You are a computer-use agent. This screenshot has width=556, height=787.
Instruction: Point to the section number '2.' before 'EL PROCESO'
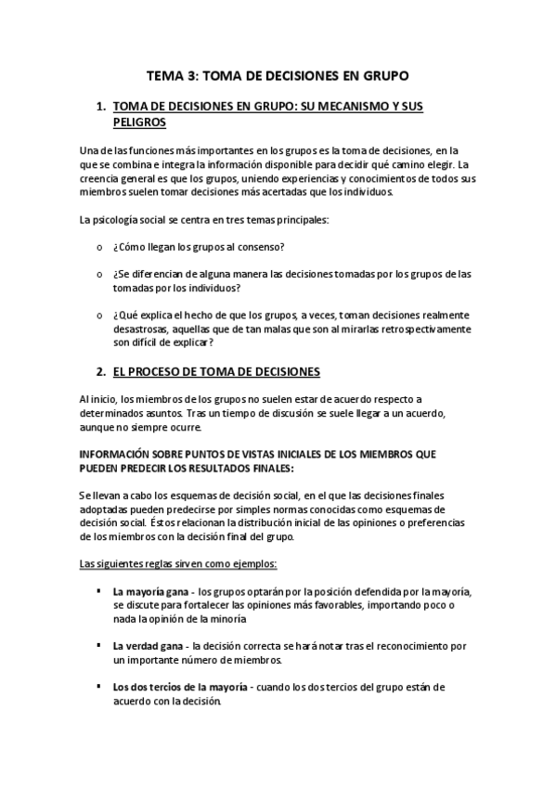(x=101, y=371)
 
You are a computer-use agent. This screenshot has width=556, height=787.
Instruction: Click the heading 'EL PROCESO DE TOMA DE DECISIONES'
(x=215, y=371)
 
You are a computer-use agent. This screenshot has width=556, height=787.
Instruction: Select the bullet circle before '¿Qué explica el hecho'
(x=100, y=316)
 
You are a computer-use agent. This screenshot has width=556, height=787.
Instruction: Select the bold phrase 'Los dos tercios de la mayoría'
(x=180, y=687)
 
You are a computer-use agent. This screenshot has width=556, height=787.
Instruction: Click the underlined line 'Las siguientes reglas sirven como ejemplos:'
(x=172, y=563)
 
